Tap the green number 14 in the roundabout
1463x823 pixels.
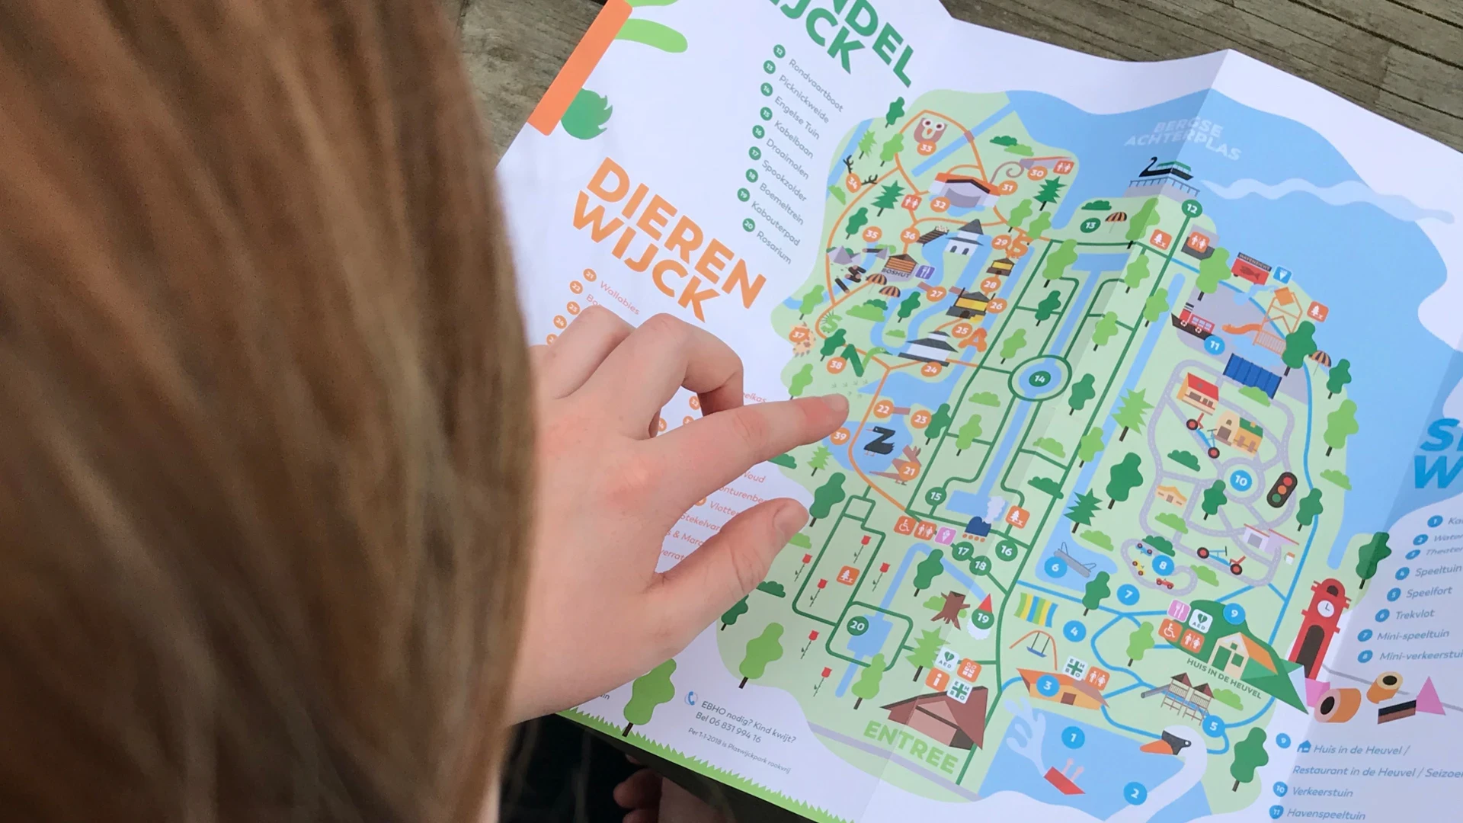click(x=1039, y=379)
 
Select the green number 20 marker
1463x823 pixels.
click(x=858, y=626)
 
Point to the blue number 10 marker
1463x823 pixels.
click(x=1241, y=481)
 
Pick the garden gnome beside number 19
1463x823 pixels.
click(x=981, y=614)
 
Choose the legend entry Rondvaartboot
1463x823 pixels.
click(x=815, y=84)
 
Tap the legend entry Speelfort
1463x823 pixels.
click(x=1429, y=592)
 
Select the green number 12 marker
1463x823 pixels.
click(x=1192, y=209)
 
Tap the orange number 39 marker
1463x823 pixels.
click(x=840, y=437)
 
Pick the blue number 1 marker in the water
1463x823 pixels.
click(x=1073, y=737)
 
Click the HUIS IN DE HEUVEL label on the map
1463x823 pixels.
click(x=1222, y=678)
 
